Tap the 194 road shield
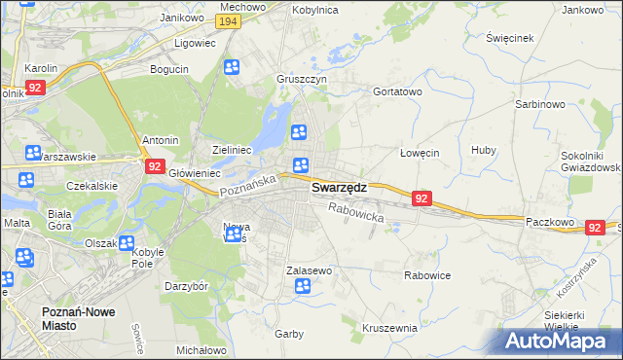(229, 21)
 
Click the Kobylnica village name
(314, 9)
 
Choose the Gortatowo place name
(397, 91)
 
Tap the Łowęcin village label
(421, 153)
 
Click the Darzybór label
(186, 287)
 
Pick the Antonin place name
(161, 140)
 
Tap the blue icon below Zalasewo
(303, 286)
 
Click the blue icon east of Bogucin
(232, 67)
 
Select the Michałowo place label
(202, 349)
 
